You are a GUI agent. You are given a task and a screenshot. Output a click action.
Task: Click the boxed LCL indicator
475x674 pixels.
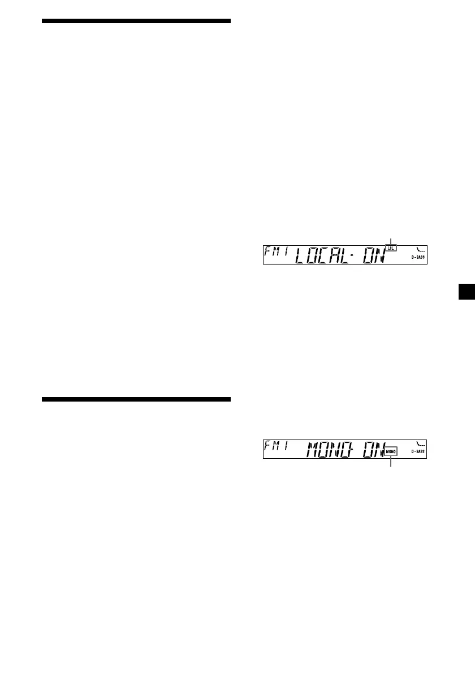(391, 248)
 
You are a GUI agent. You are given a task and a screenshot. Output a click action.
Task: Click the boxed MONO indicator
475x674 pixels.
(391, 452)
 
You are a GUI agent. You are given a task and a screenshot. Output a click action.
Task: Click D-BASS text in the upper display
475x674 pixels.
(418, 257)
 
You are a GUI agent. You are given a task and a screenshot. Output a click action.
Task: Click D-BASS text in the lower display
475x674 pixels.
(418, 451)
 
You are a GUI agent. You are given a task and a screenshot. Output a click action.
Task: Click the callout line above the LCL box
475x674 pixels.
(391, 240)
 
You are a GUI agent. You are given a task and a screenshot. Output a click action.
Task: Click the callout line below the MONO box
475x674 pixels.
(391, 462)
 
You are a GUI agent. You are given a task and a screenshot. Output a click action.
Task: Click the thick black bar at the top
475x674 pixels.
(136, 21)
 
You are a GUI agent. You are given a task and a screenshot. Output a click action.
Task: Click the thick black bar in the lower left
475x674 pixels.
(136, 400)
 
